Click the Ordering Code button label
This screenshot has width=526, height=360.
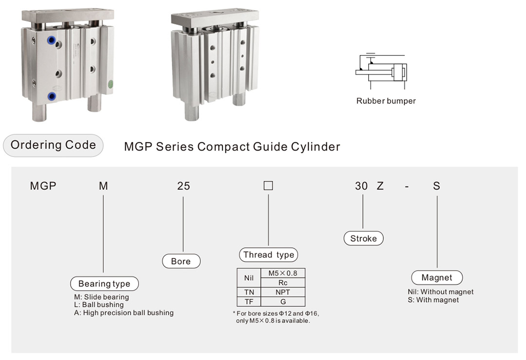pos(53,145)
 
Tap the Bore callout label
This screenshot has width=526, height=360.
pos(181,261)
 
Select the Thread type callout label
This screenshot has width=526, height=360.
pos(268,255)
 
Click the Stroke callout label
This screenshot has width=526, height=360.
pos(363,238)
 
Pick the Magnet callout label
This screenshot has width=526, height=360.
pos(436,278)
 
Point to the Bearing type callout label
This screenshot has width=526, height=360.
pos(104,284)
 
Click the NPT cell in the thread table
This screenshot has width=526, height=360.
pos(283,292)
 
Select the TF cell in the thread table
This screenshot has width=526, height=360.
pos(249,302)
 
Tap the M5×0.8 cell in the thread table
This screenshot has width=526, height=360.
pos(283,273)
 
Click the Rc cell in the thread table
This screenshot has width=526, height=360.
pos(283,283)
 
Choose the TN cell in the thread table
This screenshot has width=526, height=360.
pos(249,292)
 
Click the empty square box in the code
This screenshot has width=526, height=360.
pos(268,186)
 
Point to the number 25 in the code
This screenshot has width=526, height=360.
pos(183,186)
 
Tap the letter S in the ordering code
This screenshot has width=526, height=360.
pos(436,186)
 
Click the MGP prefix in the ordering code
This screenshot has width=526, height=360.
pos(43,186)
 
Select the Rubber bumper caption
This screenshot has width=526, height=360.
pos(386,101)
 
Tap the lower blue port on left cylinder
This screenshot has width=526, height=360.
pos(51,96)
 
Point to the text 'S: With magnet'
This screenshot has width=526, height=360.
pos(433,300)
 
